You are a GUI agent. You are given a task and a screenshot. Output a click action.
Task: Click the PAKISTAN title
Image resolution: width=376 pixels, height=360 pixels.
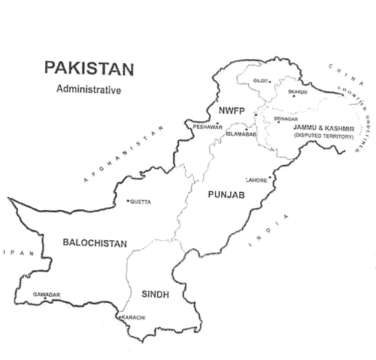click(x=89, y=68)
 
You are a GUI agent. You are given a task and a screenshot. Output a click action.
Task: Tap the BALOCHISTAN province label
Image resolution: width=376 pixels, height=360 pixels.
click(x=95, y=243)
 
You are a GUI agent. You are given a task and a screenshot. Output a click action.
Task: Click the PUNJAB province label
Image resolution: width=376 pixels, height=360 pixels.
click(x=228, y=194)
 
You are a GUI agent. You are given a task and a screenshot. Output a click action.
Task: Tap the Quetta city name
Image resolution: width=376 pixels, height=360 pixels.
click(x=140, y=202)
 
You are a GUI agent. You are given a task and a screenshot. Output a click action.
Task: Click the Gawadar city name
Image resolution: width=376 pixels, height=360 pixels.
click(x=47, y=295)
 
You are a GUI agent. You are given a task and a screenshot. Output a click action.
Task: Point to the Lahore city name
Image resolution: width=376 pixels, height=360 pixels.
click(x=257, y=181)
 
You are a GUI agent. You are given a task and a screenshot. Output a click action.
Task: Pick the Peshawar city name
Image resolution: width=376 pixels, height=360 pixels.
click(x=207, y=127)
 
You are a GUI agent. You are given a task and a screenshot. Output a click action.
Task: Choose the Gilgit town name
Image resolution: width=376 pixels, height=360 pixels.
click(x=261, y=79)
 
